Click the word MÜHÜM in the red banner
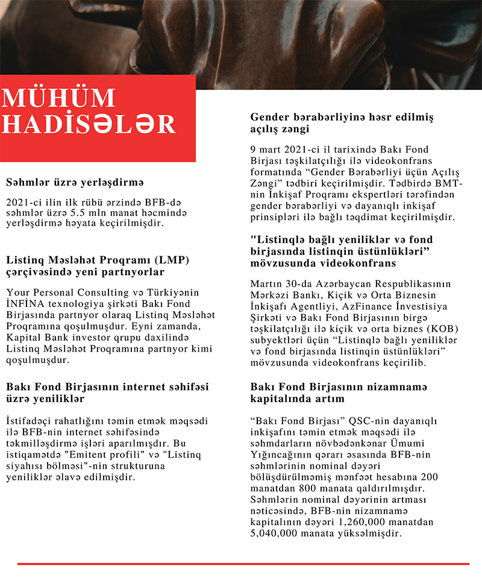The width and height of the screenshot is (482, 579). [x=58, y=100]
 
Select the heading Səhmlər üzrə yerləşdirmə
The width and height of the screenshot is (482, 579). [x=75, y=182]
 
